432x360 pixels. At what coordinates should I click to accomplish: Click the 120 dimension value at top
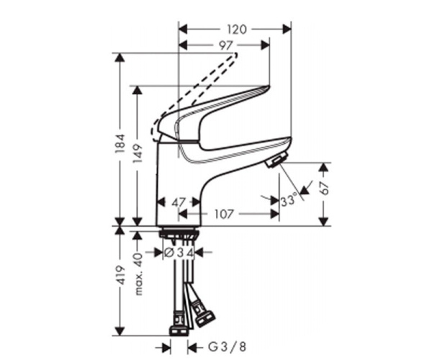[x=235, y=30]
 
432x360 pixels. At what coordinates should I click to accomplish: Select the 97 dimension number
[x=225, y=45]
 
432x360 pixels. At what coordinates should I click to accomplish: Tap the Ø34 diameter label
[x=177, y=253]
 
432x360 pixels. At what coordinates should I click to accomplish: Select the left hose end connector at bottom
[x=178, y=330]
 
